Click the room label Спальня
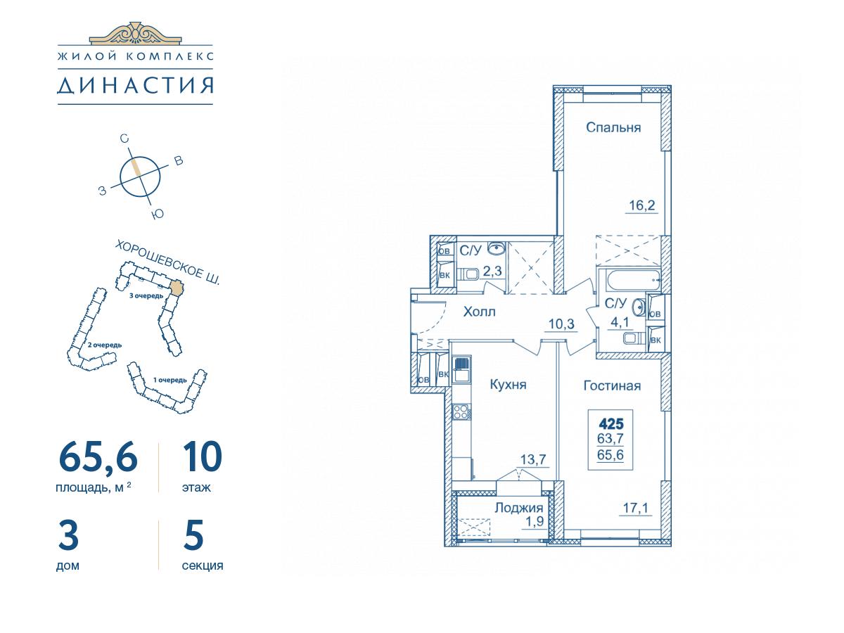613,127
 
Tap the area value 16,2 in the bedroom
641,205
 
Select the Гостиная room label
612,385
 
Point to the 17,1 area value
636,508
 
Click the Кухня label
508,384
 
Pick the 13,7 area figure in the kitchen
533,459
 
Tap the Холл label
479,312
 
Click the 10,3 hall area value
561,324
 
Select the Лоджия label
518,508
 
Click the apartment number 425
611,424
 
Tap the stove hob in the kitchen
461,412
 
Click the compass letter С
124,139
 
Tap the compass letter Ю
158,214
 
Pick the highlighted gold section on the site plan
177,288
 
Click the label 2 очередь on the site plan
105,345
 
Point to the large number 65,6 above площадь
98,456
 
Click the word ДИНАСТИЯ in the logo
135,85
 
